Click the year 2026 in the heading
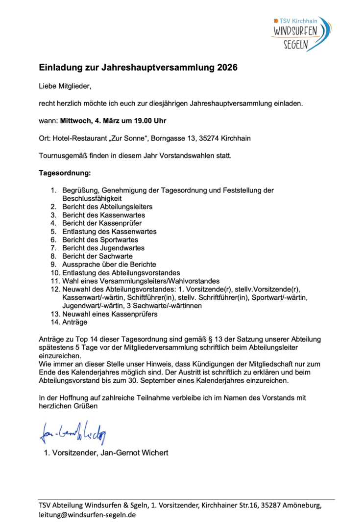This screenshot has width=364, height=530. click(x=227, y=68)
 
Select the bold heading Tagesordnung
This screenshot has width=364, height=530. click(x=65, y=173)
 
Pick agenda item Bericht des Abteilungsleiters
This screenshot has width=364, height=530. click(x=107, y=207)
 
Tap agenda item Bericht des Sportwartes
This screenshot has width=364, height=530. click(x=100, y=239)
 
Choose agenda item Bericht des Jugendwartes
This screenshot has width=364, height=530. click(x=103, y=248)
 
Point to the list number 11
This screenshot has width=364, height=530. click(x=55, y=281)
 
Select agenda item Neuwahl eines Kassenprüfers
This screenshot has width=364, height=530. click(x=110, y=314)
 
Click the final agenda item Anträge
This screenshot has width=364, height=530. click(x=74, y=322)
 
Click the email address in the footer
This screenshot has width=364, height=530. click(x=87, y=515)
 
